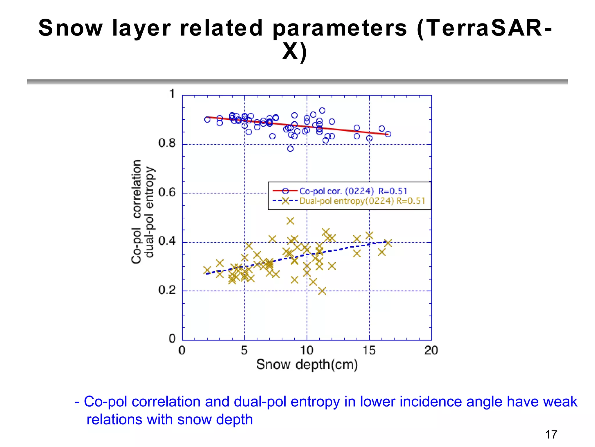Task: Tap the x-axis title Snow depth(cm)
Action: pyautogui.click(x=307, y=364)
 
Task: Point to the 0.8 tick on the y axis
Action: pyautogui.click(x=167, y=143)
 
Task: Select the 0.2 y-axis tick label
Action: pyautogui.click(x=167, y=290)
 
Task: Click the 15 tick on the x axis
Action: pyautogui.click(x=369, y=350)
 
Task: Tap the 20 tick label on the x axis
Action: pyautogui.click(x=431, y=350)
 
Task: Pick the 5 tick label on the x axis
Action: pyautogui.click(x=244, y=350)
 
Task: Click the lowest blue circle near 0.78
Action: pyautogui.click(x=290, y=149)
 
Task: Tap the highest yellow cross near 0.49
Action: pyautogui.click(x=290, y=221)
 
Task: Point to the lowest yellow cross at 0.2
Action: pyautogui.click(x=322, y=291)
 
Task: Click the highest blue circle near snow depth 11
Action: pyautogui.click(x=322, y=111)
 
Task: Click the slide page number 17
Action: pyautogui.click(x=551, y=434)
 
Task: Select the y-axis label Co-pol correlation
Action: pyautogui.click(x=137, y=212)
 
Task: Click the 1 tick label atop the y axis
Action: pyautogui.click(x=172, y=94)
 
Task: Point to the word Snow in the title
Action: pyautogui.click(x=71, y=28)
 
